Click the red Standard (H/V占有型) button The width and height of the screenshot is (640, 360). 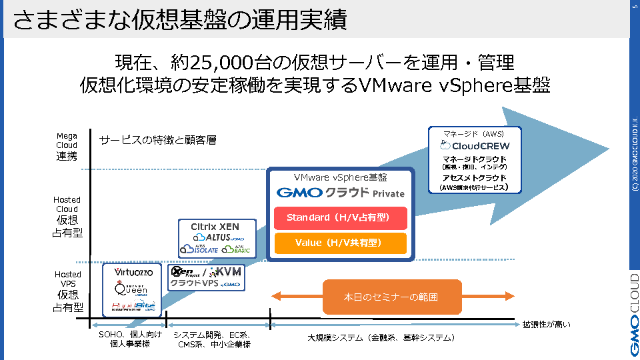341,218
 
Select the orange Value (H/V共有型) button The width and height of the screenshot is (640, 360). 341,243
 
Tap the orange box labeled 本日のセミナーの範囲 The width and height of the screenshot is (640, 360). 392,297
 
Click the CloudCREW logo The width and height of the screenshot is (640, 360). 475,145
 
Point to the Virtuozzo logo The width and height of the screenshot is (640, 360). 133,272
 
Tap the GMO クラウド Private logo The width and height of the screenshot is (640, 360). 341,193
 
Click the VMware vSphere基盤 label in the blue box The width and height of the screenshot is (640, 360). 341,178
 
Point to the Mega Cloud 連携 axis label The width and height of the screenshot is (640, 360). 67,146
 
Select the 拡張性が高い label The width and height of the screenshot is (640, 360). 545,325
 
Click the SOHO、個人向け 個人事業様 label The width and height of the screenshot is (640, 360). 130,339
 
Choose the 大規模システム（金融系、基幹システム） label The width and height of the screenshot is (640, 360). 382,338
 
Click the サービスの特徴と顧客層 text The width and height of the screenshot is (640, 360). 157,140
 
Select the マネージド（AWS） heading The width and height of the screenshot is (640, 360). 475,133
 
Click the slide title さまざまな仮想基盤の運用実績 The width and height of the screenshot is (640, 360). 180,20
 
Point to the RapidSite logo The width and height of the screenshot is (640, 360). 133,306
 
